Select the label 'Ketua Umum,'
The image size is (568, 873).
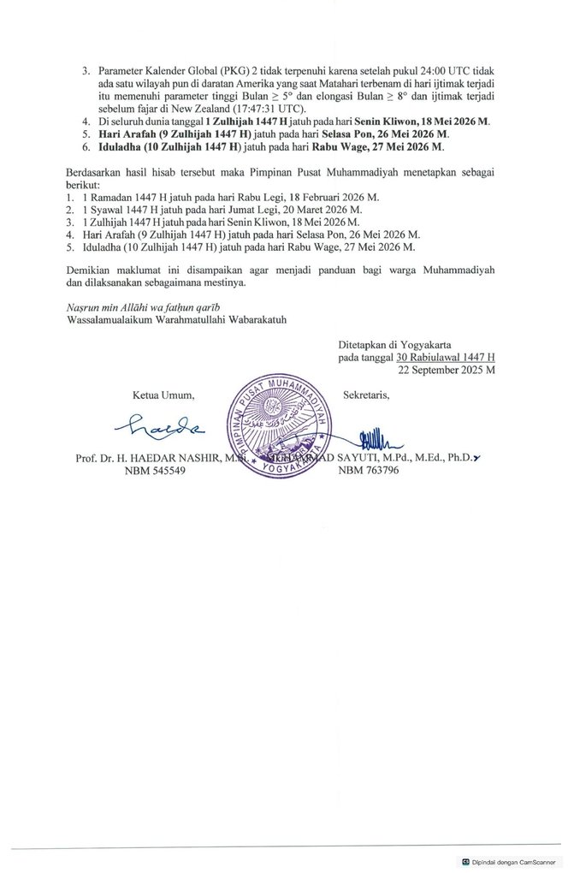(x=163, y=395)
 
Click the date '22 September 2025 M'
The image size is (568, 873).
(x=447, y=371)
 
